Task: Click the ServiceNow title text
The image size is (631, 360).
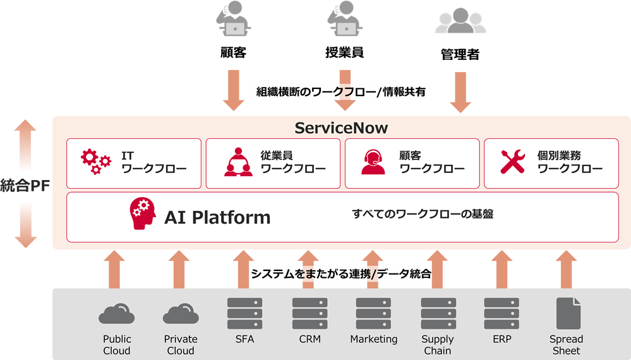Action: tap(341, 128)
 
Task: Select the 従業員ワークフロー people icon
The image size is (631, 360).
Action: tap(237, 162)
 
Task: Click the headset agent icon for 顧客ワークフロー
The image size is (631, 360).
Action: tap(373, 162)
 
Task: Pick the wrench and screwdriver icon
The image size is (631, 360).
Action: tap(512, 162)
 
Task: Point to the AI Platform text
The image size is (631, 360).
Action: tap(217, 218)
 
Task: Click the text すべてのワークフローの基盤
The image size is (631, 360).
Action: tap(422, 214)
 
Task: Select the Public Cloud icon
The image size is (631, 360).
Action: tap(116, 314)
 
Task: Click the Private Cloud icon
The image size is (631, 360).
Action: tap(181, 314)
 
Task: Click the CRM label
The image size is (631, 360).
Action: tap(309, 339)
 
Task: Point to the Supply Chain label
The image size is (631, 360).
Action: tap(438, 345)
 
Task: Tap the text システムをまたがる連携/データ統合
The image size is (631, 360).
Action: tap(341, 274)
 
